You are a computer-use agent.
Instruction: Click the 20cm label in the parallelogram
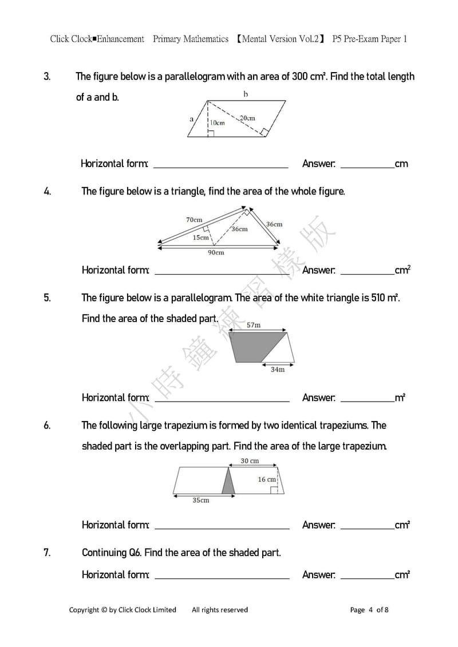[247, 118]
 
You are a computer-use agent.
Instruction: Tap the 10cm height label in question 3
[217, 122]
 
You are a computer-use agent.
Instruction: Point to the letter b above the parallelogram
[246, 94]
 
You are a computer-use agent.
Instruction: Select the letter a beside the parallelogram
[191, 119]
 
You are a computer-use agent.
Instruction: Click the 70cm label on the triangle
[194, 220]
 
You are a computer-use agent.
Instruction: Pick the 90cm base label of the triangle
[216, 252]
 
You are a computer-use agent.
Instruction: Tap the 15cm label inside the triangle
[200, 237]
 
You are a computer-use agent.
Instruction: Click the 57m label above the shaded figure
[254, 325]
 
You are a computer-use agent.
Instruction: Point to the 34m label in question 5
[277, 370]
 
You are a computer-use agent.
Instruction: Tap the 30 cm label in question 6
[249, 461]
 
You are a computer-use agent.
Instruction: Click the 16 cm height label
[266, 479]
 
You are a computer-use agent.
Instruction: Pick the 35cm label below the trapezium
[200, 501]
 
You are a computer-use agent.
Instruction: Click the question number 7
[47, 553]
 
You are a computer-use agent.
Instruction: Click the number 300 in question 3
[300, 77]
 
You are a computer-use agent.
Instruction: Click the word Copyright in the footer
[84, 610]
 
